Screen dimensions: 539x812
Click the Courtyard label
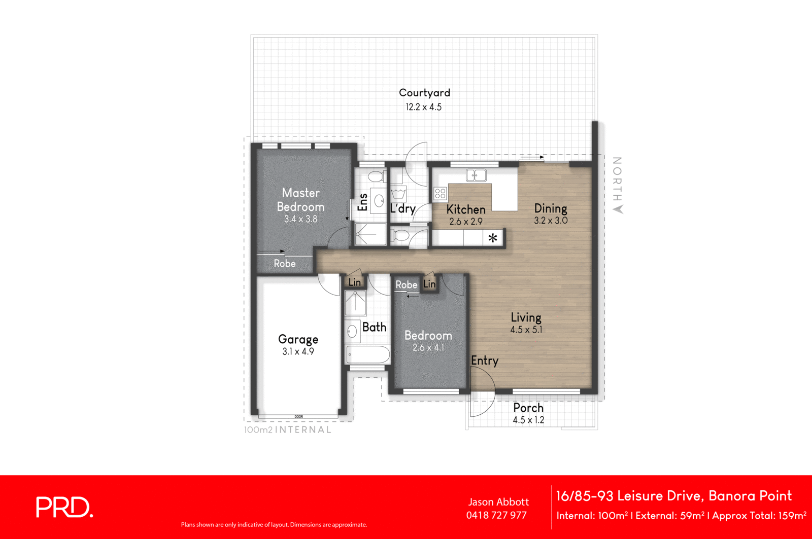tap(424, 93)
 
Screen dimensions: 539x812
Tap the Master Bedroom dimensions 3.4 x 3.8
tap(300, 219)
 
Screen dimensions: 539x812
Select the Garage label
tap(298, 339)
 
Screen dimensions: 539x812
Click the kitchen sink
tap(476, 175)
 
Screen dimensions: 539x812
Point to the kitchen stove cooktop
tap(440, 193)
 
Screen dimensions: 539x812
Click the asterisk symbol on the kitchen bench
tap(493, 238)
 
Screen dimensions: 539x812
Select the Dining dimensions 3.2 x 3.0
tap(551, 221)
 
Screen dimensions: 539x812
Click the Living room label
tap(526, 317)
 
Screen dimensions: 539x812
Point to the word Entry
tap(485, 361)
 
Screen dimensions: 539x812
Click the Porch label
tap(528, 408)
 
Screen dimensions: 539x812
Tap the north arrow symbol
tap(618, 209)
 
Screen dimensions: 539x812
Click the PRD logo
tap(64, 507)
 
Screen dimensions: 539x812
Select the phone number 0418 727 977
tap(496, 515)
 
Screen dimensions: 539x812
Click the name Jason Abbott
tap(498, 502)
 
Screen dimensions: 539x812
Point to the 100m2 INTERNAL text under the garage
tap(288, 429)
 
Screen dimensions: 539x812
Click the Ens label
tap(362, 202)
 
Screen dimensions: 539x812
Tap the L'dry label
tap(403, 208)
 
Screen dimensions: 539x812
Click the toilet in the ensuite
tap(376, 176)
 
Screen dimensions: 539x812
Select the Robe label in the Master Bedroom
tap(285, 264)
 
